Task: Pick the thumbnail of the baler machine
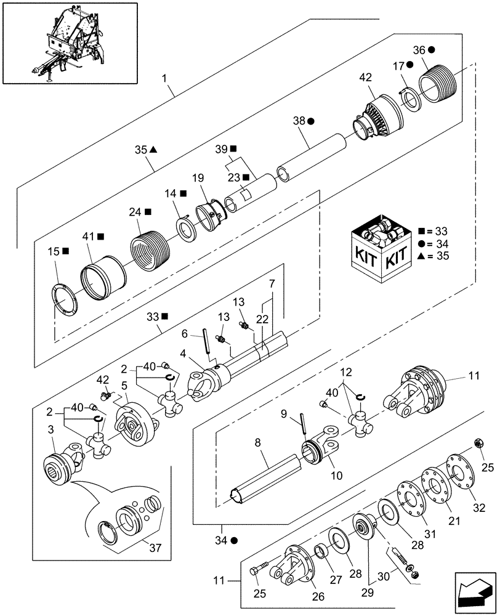[x=70, y=43]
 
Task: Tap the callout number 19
[x=197, y=179]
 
